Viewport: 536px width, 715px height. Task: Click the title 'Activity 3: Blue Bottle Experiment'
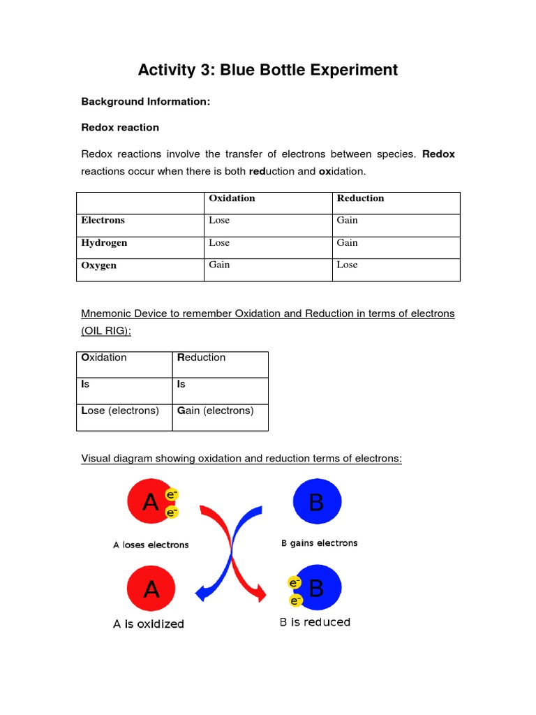tap(268, 70)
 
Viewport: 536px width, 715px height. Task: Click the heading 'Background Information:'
tap(145, 102)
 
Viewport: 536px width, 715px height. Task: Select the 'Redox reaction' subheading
tap(120, 128)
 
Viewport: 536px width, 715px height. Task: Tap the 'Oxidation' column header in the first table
tap(232, 198)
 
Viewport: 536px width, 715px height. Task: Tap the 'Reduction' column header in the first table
tap(360, 198)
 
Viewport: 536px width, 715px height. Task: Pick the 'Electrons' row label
tap(103, 221)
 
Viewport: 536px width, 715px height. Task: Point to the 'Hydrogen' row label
tap(104, 243)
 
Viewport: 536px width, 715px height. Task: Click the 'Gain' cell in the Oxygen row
tap(219, 265)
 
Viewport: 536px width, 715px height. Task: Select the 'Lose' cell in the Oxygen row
tap(347, 265)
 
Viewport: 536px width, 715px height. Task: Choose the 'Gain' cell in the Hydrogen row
tap(347, 243)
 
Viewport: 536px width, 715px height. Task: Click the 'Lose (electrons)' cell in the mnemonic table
tap(120, 411)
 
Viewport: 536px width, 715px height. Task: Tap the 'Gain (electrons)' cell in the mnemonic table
tap(216, 411)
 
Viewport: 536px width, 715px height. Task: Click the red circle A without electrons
tap(151, 589)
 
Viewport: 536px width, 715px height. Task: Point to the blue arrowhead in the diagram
tap(202, 594)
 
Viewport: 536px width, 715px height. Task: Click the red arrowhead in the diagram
tap(260, 594)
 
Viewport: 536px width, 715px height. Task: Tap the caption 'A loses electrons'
tap(151, 545)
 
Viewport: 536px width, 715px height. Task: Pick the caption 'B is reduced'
tap(315, 622)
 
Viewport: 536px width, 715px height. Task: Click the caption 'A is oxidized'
tap(149, 624)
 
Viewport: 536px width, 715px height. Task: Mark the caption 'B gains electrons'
tap(319, 543)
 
